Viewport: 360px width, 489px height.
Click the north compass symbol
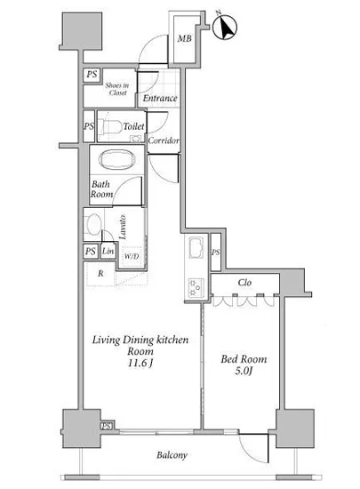coord(224,27)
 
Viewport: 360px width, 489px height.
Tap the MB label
coord(184,38)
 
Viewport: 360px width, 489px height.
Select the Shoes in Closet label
coord(117,89)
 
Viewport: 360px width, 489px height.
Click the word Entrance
coord(160,98)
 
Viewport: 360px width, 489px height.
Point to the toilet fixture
coord(109,127)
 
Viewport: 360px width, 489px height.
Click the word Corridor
coord(164,140)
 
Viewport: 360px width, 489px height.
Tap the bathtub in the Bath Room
coord(117,160)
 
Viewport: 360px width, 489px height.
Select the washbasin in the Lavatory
coord(93,224)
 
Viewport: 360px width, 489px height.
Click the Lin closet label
coord(108,251)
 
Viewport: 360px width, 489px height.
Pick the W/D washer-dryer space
coord(132,257)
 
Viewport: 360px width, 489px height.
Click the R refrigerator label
coord(100,274)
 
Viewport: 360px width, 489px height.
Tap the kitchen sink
coord(196,248)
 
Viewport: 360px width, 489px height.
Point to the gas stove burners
coord(196,287)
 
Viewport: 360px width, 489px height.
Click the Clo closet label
coord(244,283)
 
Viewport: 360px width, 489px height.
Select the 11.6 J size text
coord(140,363)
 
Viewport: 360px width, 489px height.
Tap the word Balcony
coord(172,455)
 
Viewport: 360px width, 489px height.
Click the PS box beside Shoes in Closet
coord(92,75)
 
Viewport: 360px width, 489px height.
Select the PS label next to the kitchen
coord(216,253)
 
